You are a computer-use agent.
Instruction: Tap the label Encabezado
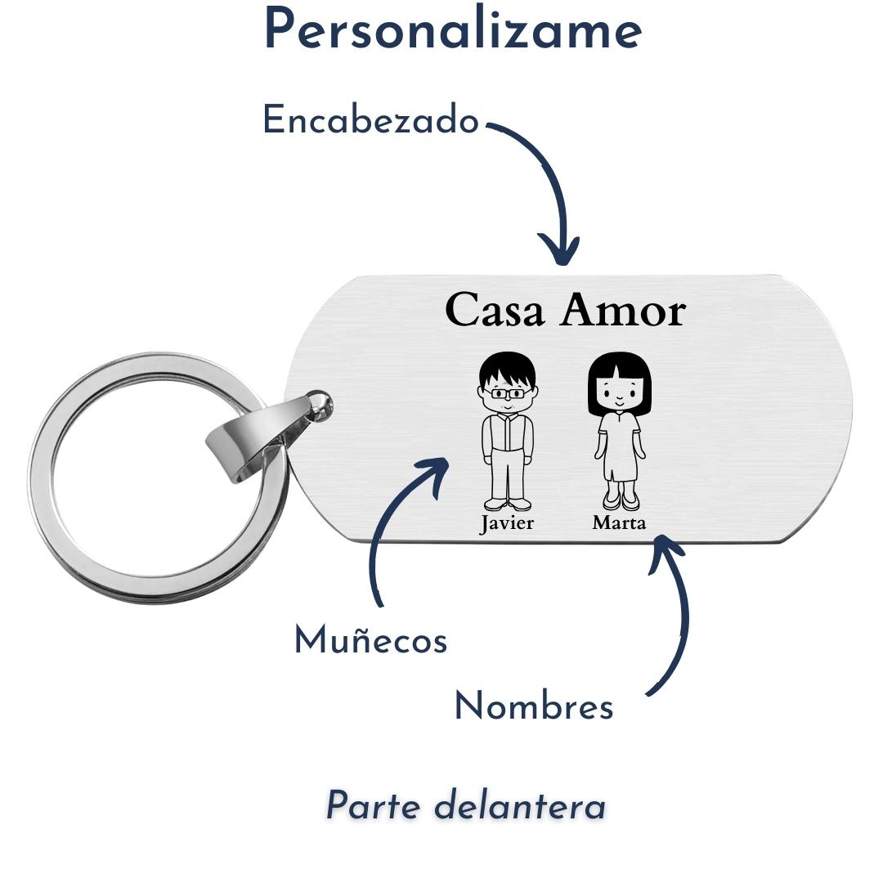point(370,122)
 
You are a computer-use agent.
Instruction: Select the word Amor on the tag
point(623,312)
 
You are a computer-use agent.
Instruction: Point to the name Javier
point(506,523)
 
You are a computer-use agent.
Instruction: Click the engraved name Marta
point(619,523)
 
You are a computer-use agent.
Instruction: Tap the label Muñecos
point(370,640)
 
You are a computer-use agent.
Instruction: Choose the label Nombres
point(533,707)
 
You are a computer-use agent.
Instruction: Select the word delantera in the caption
point(520,806)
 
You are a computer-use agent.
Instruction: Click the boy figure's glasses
point(507,394)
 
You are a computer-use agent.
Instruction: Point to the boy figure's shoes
point(507,504)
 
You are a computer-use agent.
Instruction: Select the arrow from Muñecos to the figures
point(392,523)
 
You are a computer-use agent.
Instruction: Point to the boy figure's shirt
point(508,433)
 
